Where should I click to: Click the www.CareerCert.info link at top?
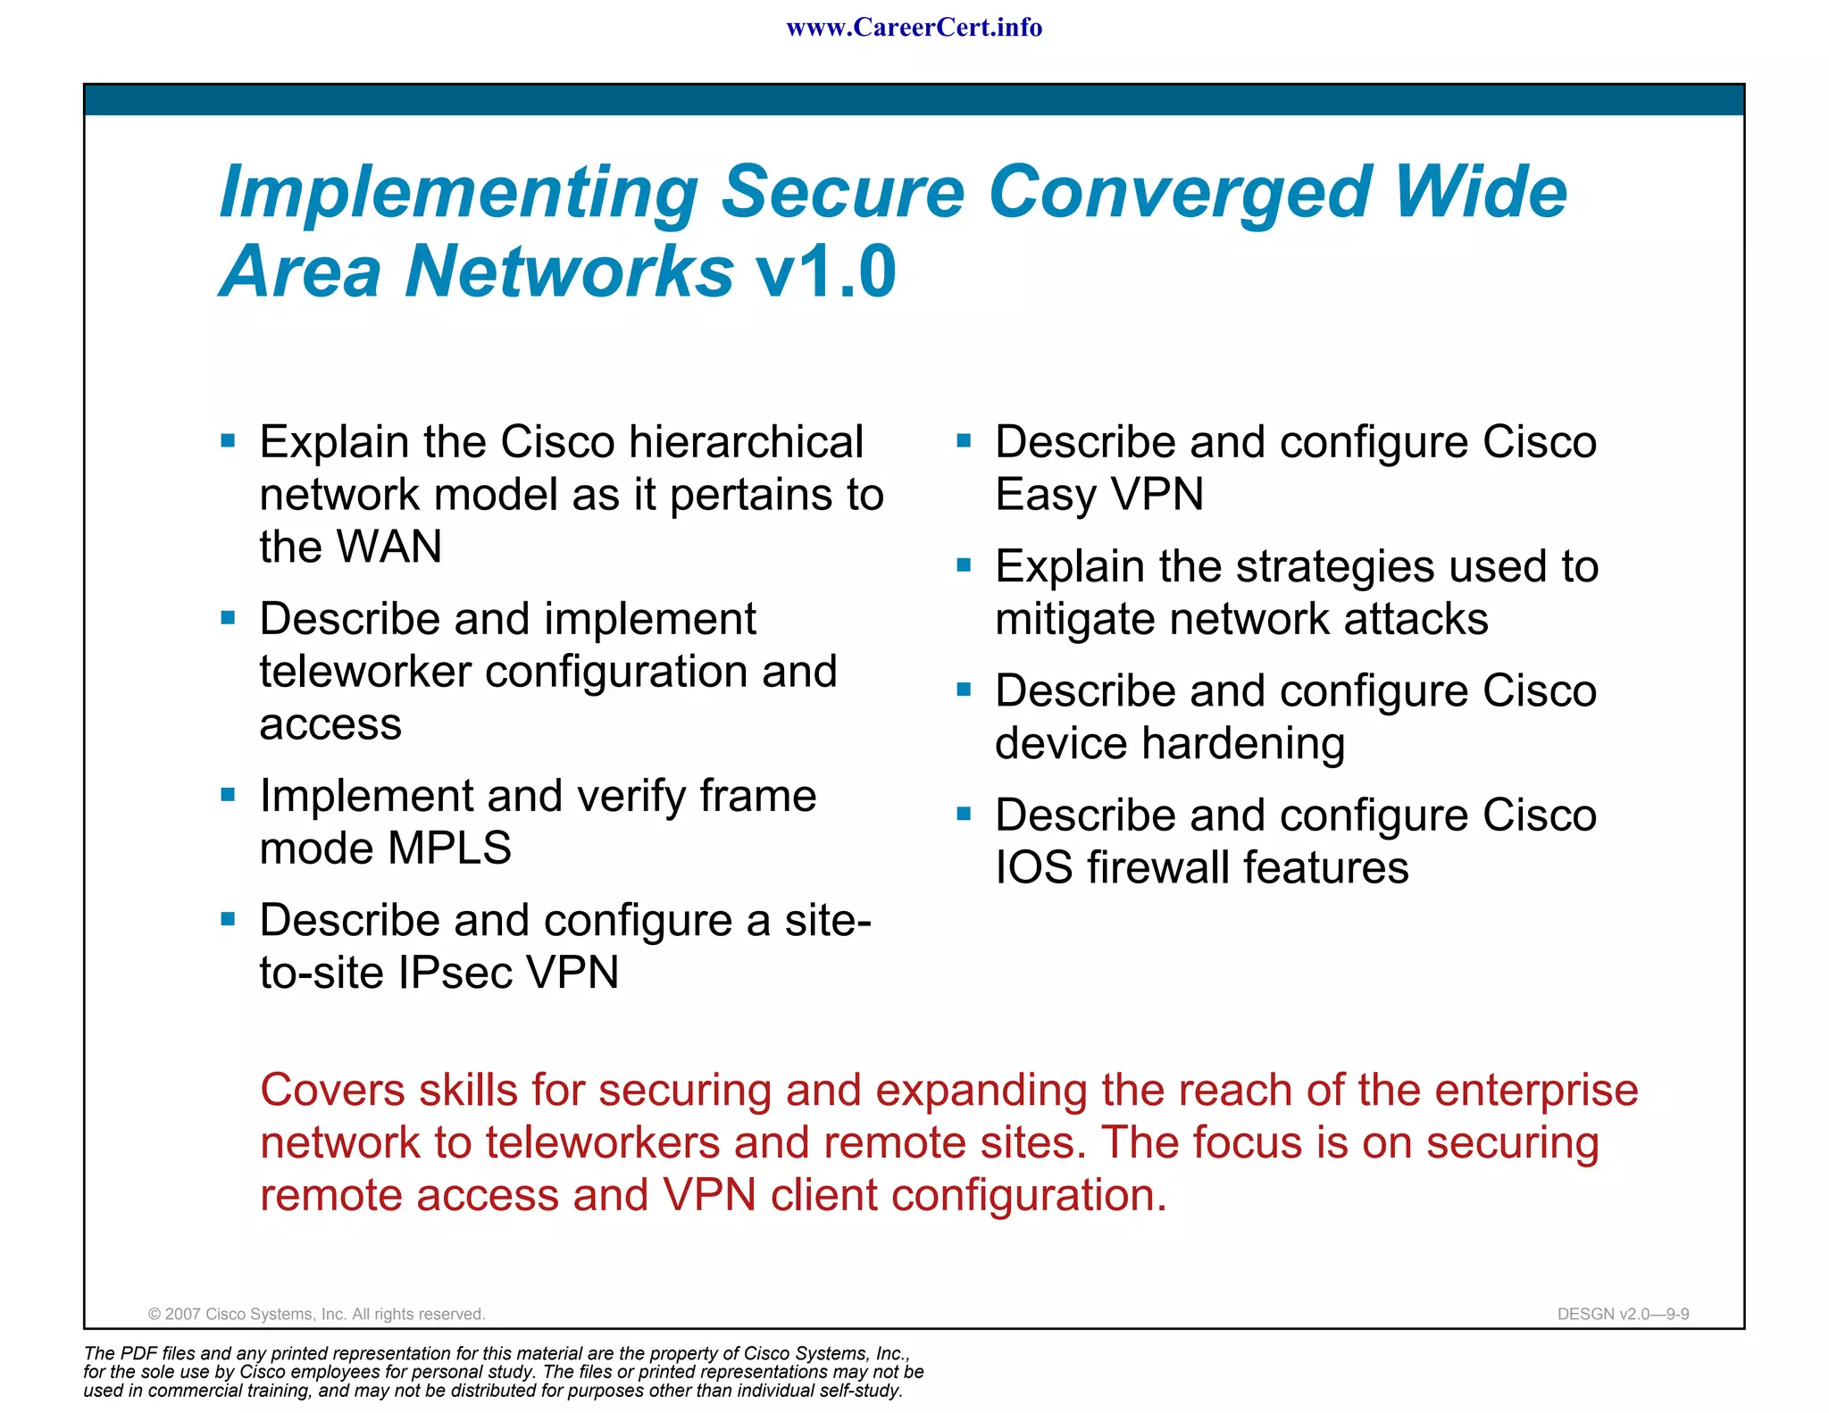click(x=914, y=28)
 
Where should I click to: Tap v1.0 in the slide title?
click(x=825, y=272)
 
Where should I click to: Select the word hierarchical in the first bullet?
click(x=746, y=442)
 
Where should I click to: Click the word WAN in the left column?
click(x=394, y=547)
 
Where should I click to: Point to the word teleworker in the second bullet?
click(x=364, y=672)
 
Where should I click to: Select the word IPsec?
click(x=455, y=973)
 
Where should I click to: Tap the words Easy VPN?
click(x=1099, y=495)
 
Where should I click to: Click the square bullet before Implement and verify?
click(x=228, y=794)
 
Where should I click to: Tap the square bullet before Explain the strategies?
click(x=964, y=564)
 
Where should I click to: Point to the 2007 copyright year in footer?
click(x=182, y=1314)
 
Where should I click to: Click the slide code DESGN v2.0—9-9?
click(x=1623, y=1314)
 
